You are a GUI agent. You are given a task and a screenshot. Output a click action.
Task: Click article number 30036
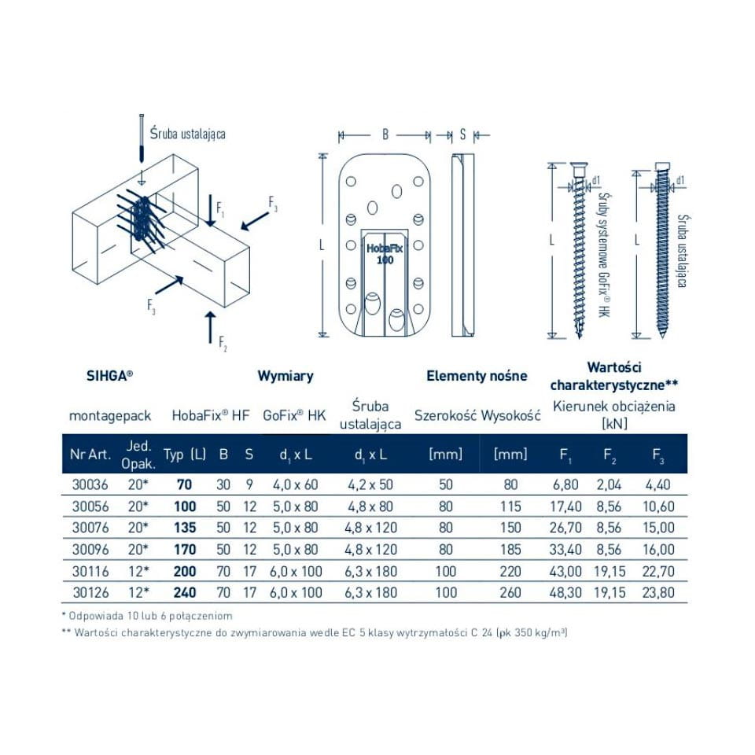90,484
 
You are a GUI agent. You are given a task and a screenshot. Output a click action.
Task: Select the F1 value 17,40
565,506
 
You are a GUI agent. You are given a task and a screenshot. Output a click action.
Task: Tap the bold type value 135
185,528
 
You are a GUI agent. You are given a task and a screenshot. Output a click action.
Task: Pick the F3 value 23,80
658,593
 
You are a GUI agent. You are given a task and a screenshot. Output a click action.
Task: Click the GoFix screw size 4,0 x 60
296,484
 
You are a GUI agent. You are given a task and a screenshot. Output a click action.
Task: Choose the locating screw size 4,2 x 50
370,484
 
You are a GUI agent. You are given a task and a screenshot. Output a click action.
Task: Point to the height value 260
510,593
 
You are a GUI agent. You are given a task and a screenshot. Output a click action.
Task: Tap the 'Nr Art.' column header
90,454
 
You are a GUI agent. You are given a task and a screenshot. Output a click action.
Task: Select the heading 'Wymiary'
285,376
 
